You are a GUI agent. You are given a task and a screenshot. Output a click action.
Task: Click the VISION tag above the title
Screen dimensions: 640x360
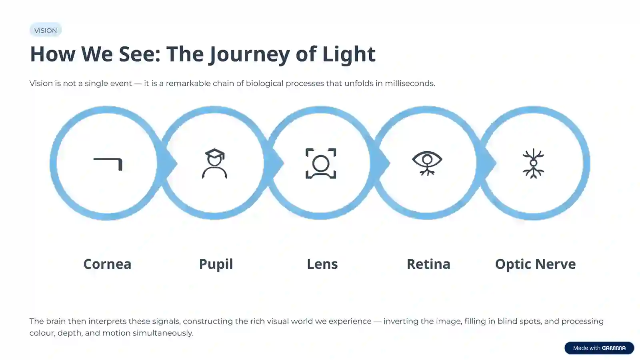click(x=46, y=30)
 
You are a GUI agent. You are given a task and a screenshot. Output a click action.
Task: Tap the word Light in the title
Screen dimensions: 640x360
click(x=349, y=54)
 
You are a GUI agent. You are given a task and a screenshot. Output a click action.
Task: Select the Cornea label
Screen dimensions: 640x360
click(x=107, y=264)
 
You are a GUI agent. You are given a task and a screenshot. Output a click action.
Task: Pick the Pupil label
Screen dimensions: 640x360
click(x=216, y=264)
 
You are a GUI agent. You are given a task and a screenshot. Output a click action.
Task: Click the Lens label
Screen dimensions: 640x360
click(x=322, y=264)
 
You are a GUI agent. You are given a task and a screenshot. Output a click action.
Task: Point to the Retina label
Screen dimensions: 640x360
click(x=428, y=264)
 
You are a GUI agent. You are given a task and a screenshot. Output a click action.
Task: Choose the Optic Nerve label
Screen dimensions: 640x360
click(x=536, y=264)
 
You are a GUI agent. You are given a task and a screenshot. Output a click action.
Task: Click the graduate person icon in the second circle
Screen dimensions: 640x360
click(x=214, y=164)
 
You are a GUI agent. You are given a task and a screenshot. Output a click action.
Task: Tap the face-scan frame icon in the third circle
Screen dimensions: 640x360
click(x=321, y=164)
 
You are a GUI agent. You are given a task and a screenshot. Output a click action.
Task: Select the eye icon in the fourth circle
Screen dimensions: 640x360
click(x=427, y=163)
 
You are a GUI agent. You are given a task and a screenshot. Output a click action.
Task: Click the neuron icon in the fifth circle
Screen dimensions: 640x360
click(x=534, y=164)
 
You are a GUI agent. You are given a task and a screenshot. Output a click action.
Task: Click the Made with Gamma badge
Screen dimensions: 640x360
click(x=599, y=348)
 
